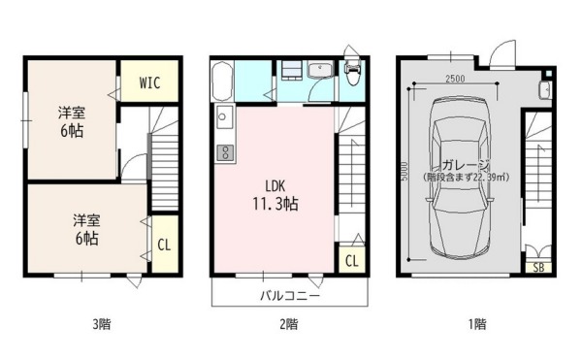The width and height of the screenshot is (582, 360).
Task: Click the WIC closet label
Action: coord(149,82)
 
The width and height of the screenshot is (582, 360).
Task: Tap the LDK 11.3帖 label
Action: coord(275,195)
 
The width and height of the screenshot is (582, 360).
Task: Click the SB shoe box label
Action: coord(538,267)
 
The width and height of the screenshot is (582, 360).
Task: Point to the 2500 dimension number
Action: coord(455,79)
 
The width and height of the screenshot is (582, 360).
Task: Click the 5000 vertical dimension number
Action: coord(404,171)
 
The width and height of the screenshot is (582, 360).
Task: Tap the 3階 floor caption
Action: coord(101,324)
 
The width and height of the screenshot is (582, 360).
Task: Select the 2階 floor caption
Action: coord(288,324)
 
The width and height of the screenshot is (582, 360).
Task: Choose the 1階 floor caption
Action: coord(477,324)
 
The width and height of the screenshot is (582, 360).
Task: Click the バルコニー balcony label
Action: coord(290,296)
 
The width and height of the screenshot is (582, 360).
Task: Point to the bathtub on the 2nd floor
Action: coord(222,82)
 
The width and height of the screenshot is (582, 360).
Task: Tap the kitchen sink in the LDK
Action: coord(224,116)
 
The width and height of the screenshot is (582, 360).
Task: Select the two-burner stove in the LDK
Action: coord(225,152)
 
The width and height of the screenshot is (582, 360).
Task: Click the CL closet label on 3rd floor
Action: coord(164,245)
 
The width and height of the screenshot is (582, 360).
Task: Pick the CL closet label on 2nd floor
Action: coord(352,261)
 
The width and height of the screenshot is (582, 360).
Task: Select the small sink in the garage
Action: coord(544,89)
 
